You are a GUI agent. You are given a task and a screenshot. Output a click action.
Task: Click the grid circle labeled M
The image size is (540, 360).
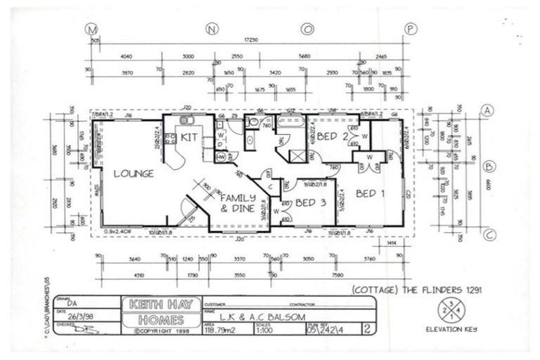(x=90, y=29)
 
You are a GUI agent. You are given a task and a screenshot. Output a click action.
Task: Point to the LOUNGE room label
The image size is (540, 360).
(x=134, y=174)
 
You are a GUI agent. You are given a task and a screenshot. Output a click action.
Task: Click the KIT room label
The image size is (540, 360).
(x=188, y=136)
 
